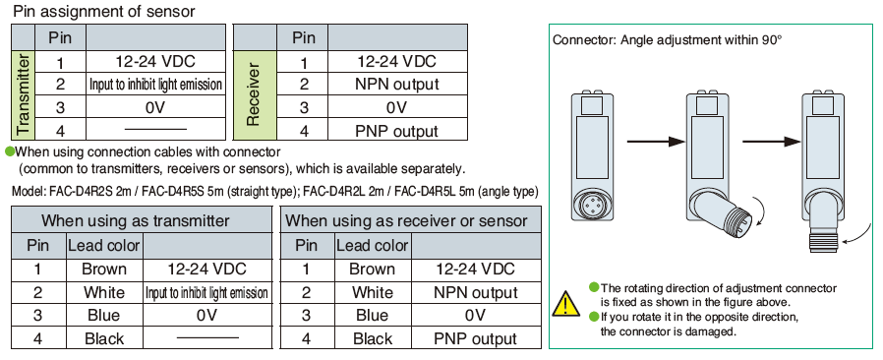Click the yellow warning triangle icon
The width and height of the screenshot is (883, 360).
pos(566,304)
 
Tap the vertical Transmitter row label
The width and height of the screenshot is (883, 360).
pos(23,94)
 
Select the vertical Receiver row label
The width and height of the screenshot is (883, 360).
pos(254,94)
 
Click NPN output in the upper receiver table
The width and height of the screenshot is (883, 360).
pos(396,84)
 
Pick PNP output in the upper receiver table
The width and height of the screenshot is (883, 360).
pos(396,131)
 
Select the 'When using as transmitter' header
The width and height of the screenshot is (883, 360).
pos(135,220)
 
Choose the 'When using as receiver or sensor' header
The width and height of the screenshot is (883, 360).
pos(406,220)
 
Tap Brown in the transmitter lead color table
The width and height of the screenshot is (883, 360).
pos(104,269)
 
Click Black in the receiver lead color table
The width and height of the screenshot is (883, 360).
pos(373,338)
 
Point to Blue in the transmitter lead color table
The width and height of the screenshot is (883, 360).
pos(104,315)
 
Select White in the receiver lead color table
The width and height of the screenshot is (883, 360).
pos(373,292)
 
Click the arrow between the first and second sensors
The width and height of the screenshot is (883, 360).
pos(656,141)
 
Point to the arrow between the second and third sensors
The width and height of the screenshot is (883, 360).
pos(772,141)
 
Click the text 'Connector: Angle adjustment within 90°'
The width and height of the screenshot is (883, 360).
pos(668,40)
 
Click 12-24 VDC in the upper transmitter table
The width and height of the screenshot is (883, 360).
pos(154,61)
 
